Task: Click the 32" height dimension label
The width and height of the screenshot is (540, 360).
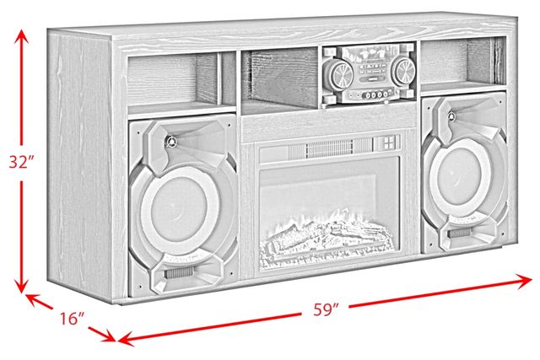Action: [x=22, y=162]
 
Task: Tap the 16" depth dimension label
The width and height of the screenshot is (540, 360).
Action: [x=73, y=318]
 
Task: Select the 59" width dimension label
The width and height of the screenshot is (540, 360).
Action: [x=326, y=309]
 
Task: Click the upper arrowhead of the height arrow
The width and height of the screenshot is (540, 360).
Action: [x=21, y=36]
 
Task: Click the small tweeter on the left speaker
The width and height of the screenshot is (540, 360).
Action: [x=170, y=141]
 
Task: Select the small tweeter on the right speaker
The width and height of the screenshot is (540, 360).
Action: [x=452, y=116]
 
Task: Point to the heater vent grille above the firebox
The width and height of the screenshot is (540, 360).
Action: [x=339, y=148]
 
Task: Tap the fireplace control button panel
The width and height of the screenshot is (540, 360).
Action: [x=388, y=142]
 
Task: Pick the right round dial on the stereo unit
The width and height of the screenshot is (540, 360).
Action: [x=403, y=72]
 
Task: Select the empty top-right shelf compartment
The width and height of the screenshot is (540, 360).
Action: [x=463, y=63]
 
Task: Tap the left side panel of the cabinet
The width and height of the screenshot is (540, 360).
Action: [x=81, y=165]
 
